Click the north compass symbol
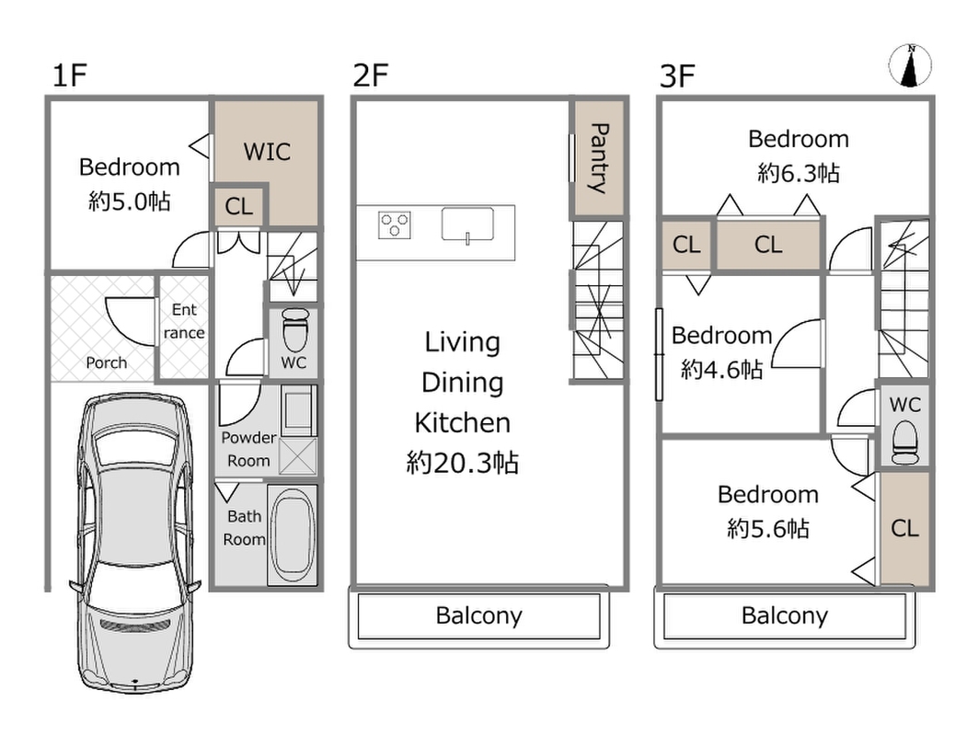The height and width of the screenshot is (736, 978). pos(910,65)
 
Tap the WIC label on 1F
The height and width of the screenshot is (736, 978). pos(267,152)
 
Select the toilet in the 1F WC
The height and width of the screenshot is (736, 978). pos(295,330)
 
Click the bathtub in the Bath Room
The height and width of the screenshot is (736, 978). pos(292,535)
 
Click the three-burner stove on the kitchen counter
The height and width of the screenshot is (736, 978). pos(394,225)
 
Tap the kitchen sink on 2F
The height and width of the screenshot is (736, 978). pos(467,224)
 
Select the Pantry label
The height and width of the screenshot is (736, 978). pos(599,158)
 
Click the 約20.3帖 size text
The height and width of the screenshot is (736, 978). pos(462,463)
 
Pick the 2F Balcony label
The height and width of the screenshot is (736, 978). pos(479,615)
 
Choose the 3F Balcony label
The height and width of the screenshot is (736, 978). pos(785,615)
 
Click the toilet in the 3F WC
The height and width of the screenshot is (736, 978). pos(905,443)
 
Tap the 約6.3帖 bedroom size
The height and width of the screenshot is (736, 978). pos(799,173)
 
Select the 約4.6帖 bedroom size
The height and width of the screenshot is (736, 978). pos(721,369)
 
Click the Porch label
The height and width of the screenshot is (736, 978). pos(107,362)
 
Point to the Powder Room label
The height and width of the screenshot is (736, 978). pos(248,449)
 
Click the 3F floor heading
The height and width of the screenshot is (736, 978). pos(677,76)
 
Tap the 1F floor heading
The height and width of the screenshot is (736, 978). pos(69,75)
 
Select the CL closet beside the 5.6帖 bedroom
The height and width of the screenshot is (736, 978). pos(905,528)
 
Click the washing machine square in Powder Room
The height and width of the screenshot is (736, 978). pos(298,456)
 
